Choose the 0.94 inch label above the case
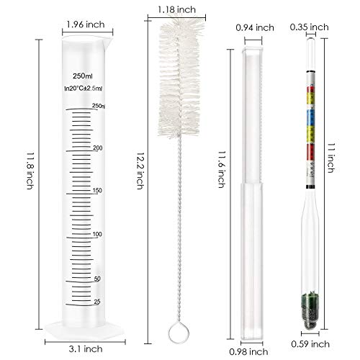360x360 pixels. pos(255,27)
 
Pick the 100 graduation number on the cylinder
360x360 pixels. pos(97,235)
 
